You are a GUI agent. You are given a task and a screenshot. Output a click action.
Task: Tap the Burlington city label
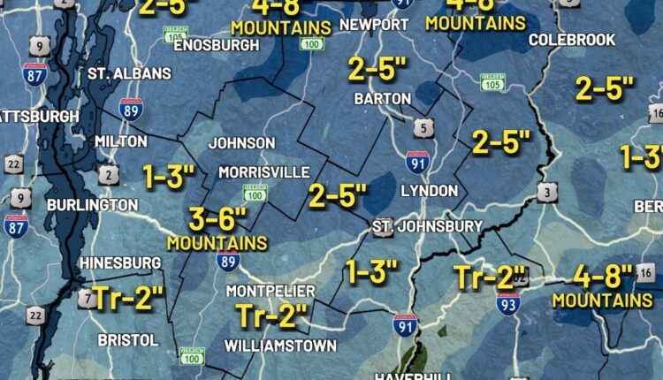pyautogui.click(x=92, y=205)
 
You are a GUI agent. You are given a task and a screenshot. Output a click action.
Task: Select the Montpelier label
pyautogui.click(x=270, y=291)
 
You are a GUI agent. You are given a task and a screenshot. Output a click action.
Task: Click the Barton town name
pyautogui.click(x=382, y=98)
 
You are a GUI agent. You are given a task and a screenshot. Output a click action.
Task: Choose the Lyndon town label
pyautogui.click(x=429, y=191)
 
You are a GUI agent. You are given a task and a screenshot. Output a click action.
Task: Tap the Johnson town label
pyautogui.click(x=241, y=143)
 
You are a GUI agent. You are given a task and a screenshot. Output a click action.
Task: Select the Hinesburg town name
pyautogui.click(x=120, y=262)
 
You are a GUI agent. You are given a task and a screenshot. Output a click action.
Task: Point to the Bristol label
pyautogui.click(x=128, y=339)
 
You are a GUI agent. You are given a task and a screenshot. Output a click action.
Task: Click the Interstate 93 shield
pyautogui.click(x=508, y=303)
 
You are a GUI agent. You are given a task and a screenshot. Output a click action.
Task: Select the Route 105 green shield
pyautogui.click(x=492, y=82)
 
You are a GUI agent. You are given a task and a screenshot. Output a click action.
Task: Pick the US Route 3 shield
pyautogui.click(x=546, y=192)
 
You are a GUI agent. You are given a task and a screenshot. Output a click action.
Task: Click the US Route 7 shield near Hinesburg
pyautogui.click(x=86, y=298)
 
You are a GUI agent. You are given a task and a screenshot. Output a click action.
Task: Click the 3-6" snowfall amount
pyautogui.click(x=217, y=217)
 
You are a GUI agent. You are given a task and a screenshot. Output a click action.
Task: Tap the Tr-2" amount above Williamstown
pyautogui.click(x=273, y=315)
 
